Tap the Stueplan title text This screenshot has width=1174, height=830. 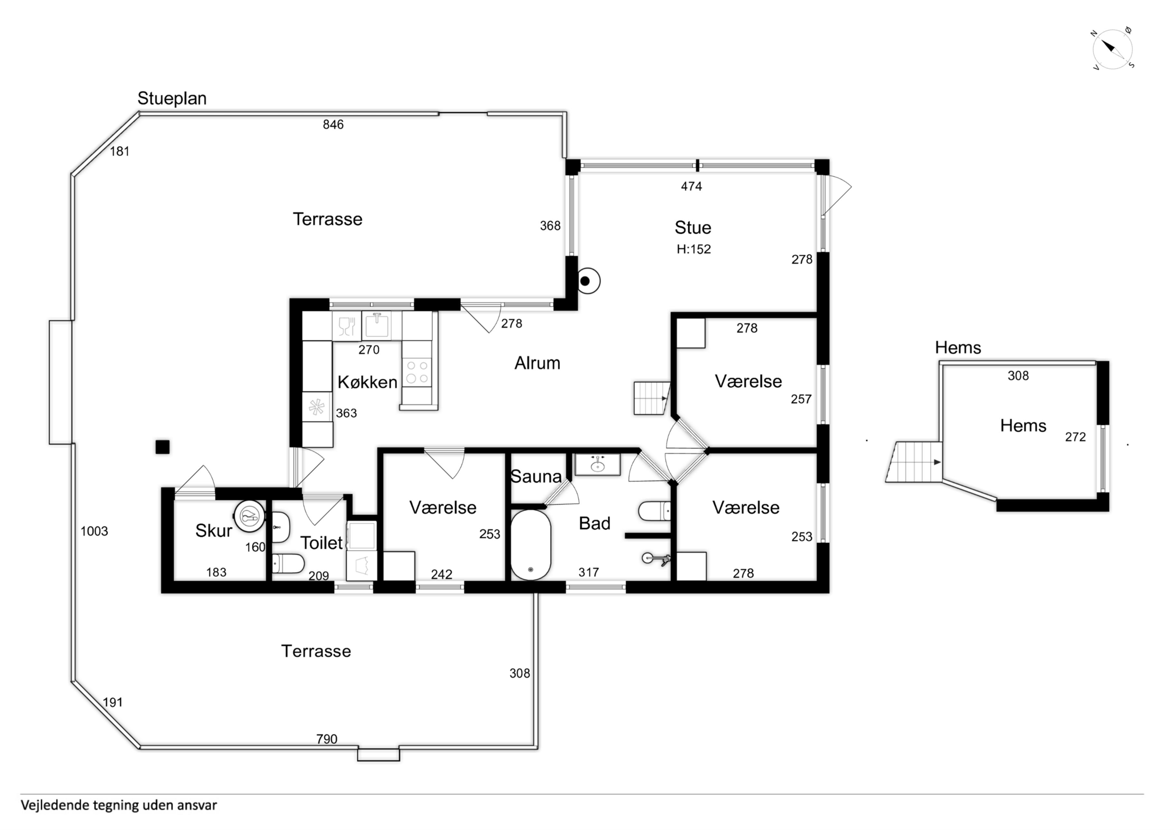(x=172, y=98)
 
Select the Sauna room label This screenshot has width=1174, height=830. (x=536, y=477)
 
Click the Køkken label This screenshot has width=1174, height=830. (x=367, y=382)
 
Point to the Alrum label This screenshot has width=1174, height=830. (x=537, y=363)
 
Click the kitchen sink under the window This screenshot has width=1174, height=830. (x=377, y=326)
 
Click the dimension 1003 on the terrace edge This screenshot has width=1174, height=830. (x=94, y=531)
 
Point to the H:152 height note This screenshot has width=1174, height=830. (x=694, y=249)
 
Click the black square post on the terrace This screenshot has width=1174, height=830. (x=163, y=447)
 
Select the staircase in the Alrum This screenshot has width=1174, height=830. (x=652, y=398)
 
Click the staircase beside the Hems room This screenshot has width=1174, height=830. (x=914, y=462)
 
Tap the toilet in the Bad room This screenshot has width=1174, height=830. (x=655, y=511)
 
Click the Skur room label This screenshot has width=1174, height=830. (x=214, y=531)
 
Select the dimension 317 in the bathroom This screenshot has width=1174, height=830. (x=589, y=572)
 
